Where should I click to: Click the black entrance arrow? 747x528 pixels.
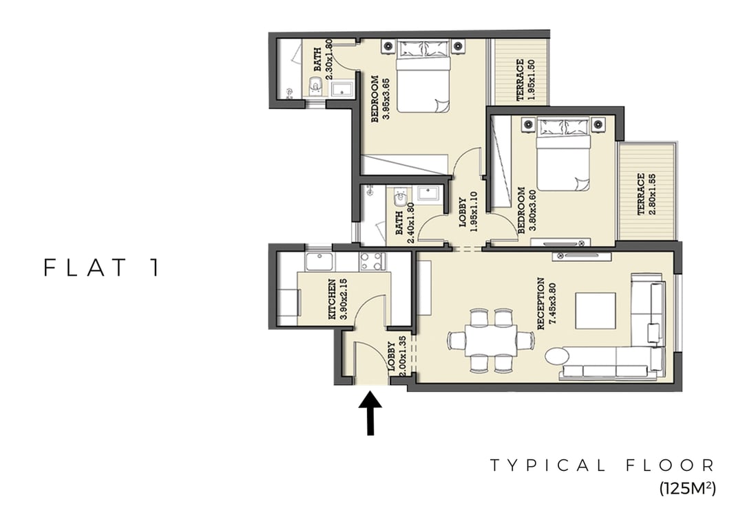coord(370,413)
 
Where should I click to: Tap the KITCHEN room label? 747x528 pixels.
coord(332,299)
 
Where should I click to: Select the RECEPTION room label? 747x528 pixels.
coord(540,303)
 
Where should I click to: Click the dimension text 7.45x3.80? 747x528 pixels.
coord(553,304)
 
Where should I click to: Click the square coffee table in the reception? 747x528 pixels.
coord(596,311)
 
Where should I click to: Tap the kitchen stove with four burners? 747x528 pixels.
coord(372,261)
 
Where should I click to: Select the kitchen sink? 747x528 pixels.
coord(319,262)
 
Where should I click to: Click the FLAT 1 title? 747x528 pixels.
coord(101,267)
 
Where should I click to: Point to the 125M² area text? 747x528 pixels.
coord(688,488)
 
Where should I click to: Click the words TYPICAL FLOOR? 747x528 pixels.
coord(602,465)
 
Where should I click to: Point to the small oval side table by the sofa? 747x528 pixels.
coord(556,356)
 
